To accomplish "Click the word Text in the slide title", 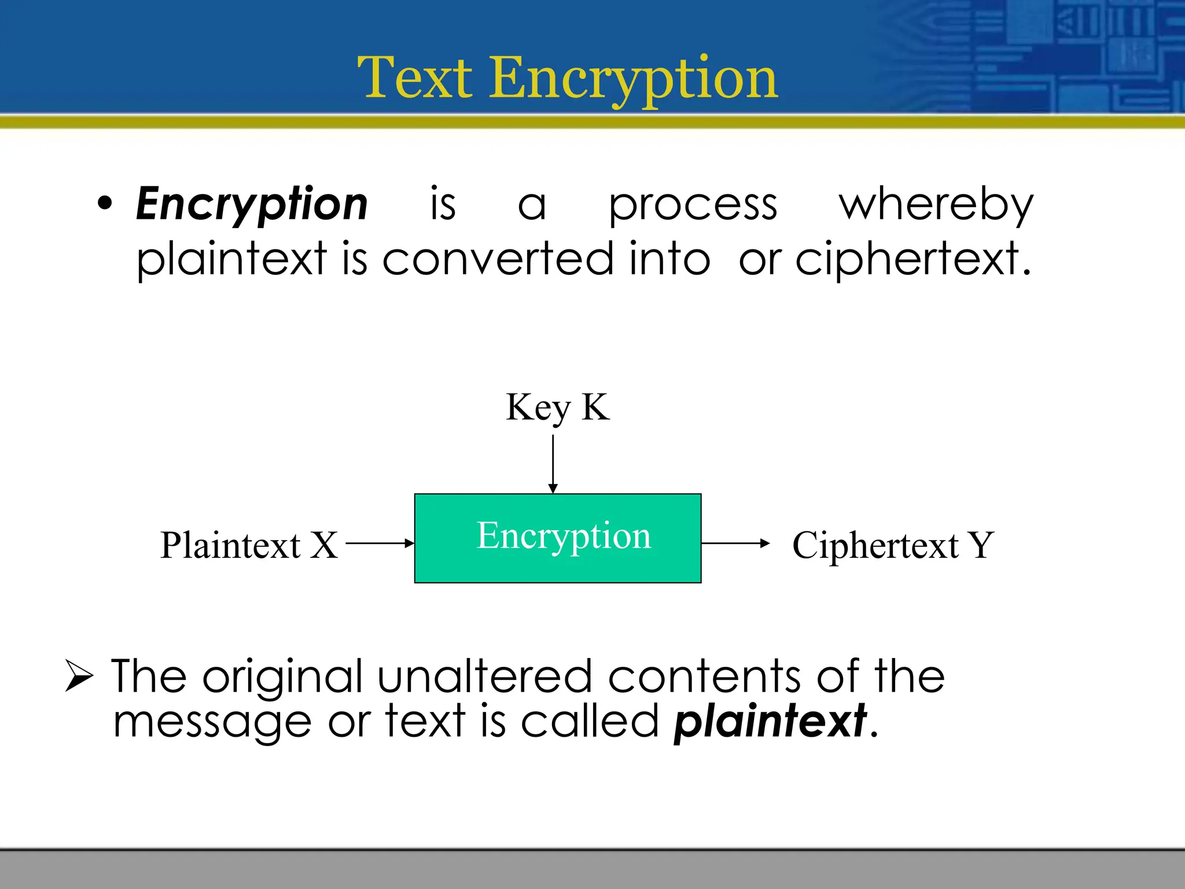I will (415, 78).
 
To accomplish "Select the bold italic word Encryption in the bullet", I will (252, 204).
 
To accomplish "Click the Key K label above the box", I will (557, 407).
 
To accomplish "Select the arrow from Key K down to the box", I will (553, 464).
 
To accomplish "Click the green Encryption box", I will (558, 538).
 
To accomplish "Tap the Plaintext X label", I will (249, 545).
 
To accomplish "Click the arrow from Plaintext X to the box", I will (380, 543).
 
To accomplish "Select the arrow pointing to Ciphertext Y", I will (735, 543).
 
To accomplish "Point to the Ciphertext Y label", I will (893, 545).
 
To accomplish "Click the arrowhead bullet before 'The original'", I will (79, 675).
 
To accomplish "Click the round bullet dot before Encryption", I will (105, 204).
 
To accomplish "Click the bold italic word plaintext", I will (770, 722).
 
